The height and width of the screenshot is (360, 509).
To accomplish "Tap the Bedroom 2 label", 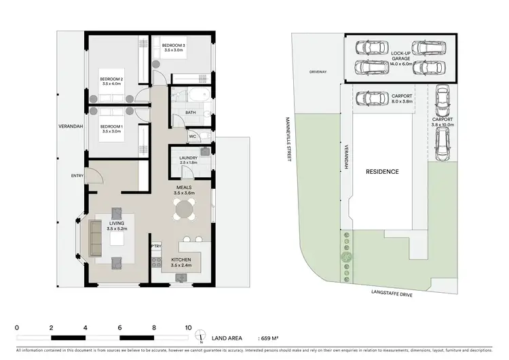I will tap(113, 79).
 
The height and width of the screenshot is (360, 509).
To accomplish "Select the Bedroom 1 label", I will tap(113, 127).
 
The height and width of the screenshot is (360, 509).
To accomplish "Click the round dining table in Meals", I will tap(185, 211).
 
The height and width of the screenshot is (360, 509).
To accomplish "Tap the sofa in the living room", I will tap(94, 237).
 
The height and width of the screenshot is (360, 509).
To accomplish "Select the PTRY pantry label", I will tap(155, 246).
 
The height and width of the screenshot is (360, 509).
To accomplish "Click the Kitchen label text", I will tap(181, 260).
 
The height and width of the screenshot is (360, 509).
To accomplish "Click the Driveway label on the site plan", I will tap(319, 71).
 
